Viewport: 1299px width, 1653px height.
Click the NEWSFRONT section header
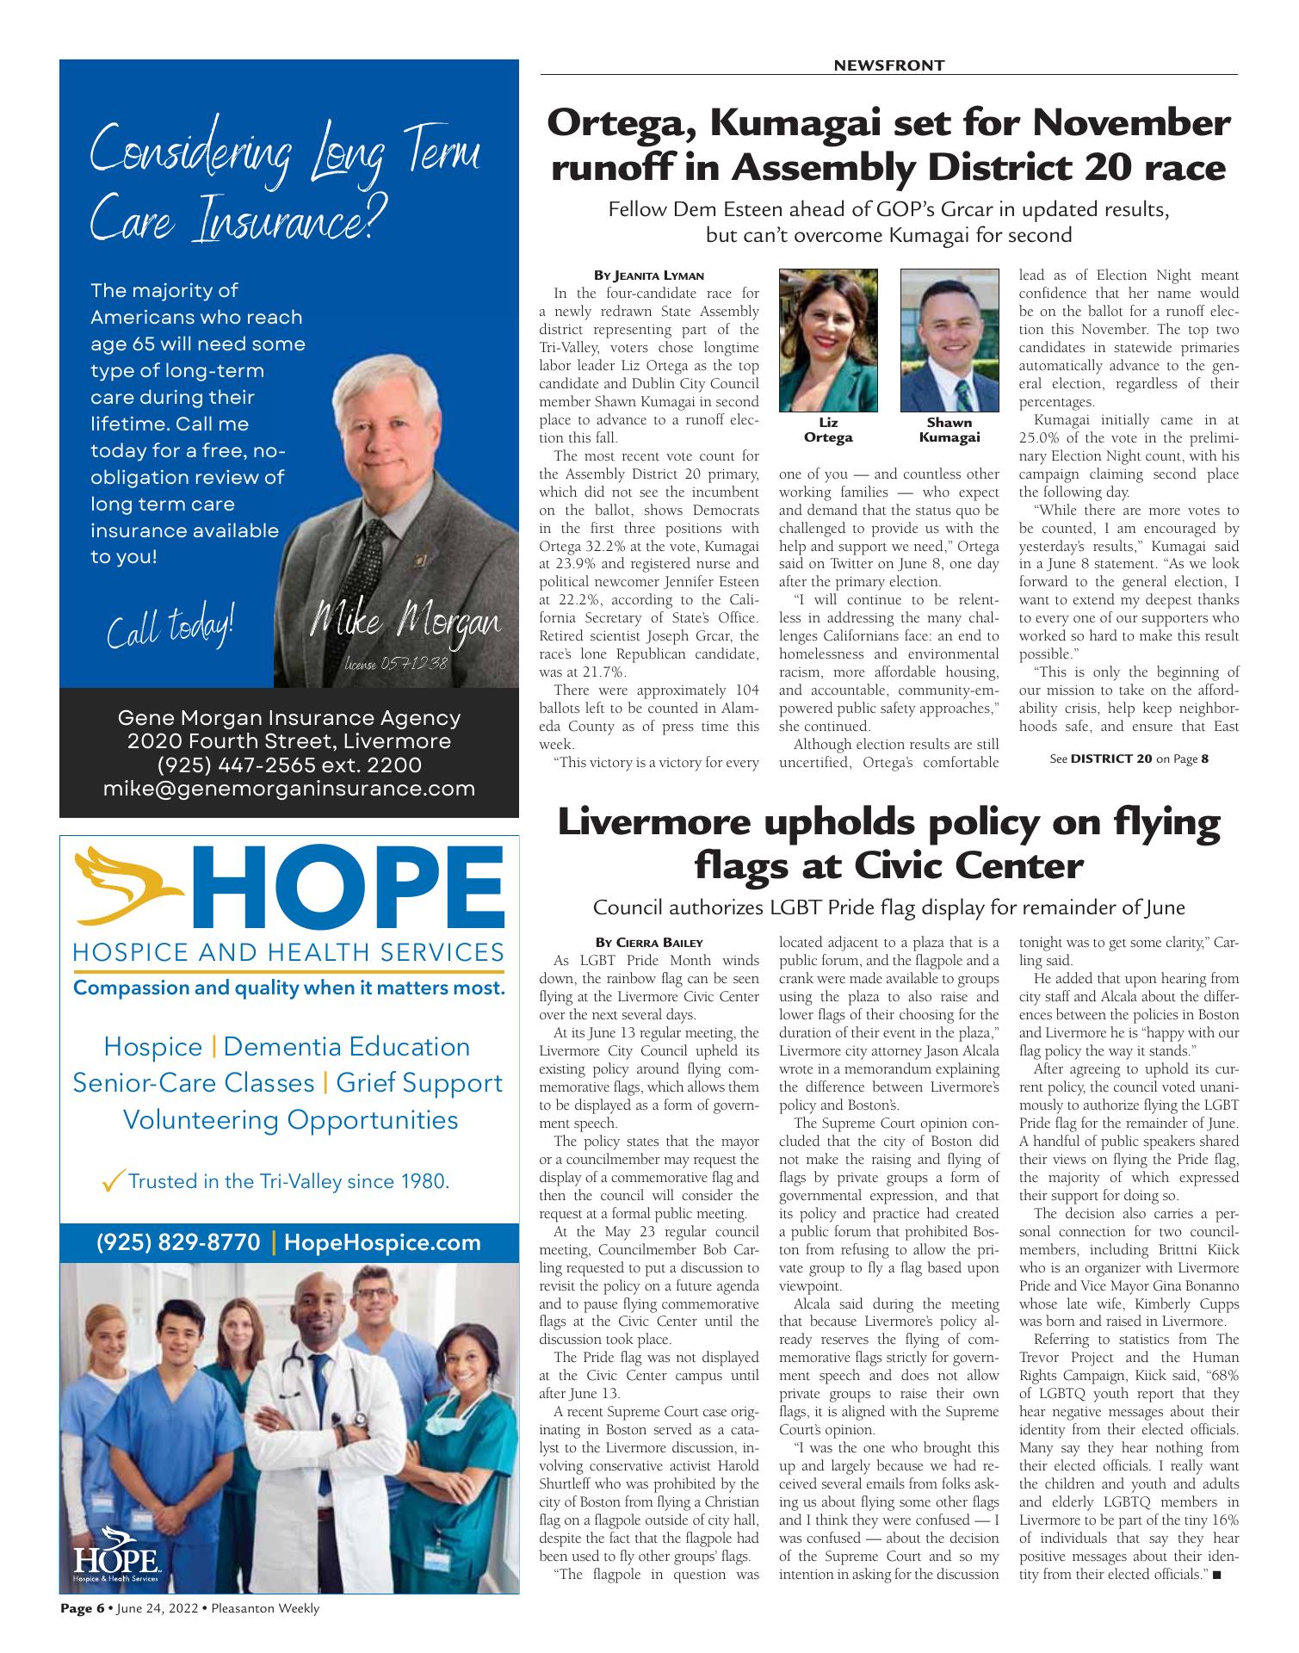click(889, 65)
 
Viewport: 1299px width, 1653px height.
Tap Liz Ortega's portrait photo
click(827, 340)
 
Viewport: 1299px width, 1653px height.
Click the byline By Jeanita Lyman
click(649, 275)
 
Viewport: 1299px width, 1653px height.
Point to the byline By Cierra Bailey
click(649, 943)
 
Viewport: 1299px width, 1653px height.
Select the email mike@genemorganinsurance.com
click(288, 789)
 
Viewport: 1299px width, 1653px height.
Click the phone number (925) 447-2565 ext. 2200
click(288, 765)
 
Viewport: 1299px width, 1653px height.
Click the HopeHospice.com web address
click(381, 1242)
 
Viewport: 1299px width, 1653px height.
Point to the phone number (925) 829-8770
click(178, 1242)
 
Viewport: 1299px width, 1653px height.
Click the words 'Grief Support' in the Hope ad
click(418, 1082)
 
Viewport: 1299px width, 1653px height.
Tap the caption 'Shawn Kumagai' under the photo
click(950, 430)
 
